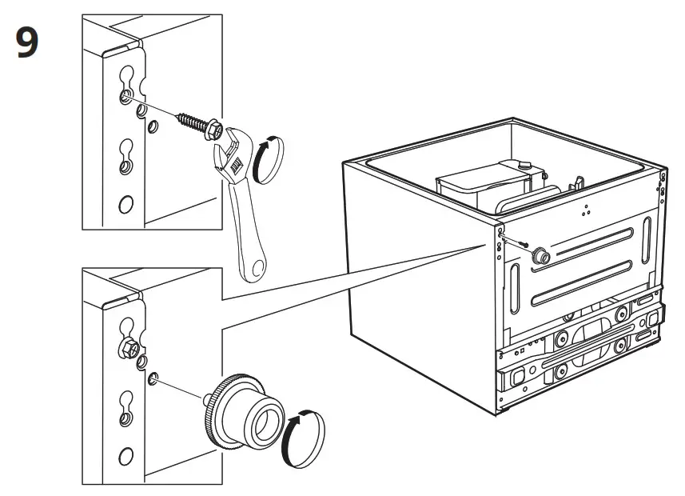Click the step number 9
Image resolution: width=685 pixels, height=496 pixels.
pos(27,44)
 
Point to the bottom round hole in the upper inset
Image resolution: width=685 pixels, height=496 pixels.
pos(125,205)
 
